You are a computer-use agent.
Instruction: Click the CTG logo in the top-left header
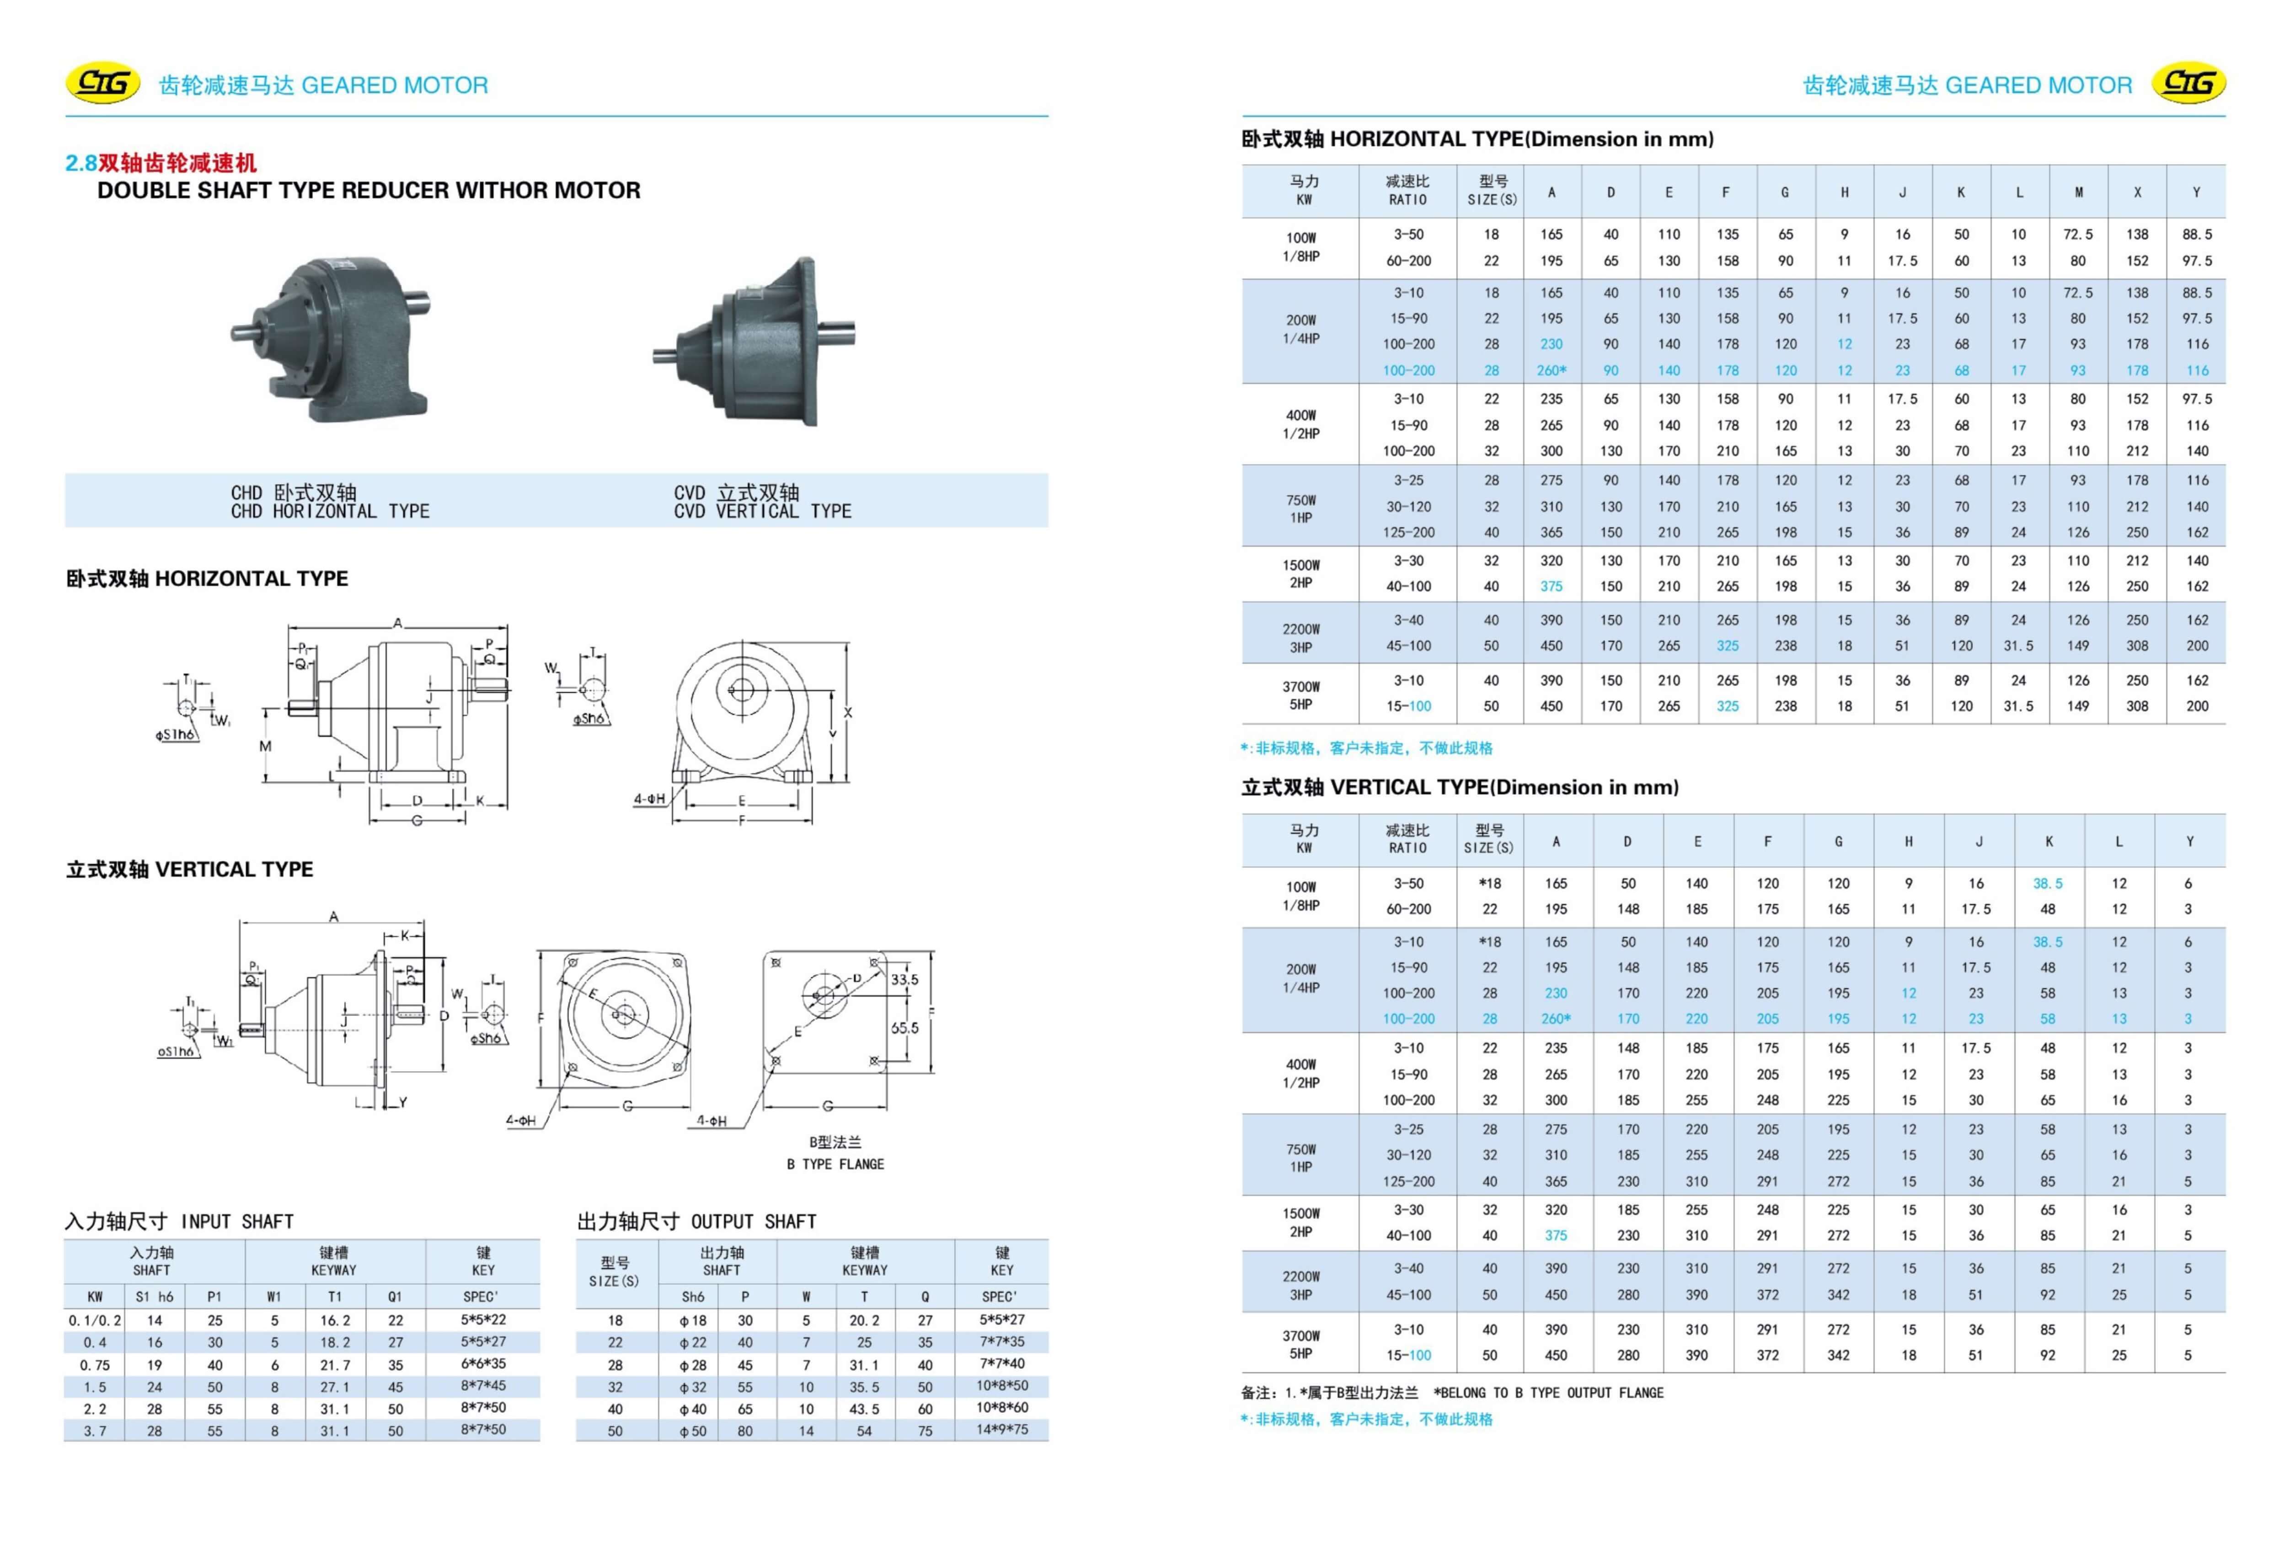click(102, 84)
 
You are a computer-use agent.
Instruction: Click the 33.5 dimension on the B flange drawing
click(904, 979)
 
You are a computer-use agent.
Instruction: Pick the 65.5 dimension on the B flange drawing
click(904, 1028)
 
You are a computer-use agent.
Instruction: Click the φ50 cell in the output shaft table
click(693, 1431)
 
